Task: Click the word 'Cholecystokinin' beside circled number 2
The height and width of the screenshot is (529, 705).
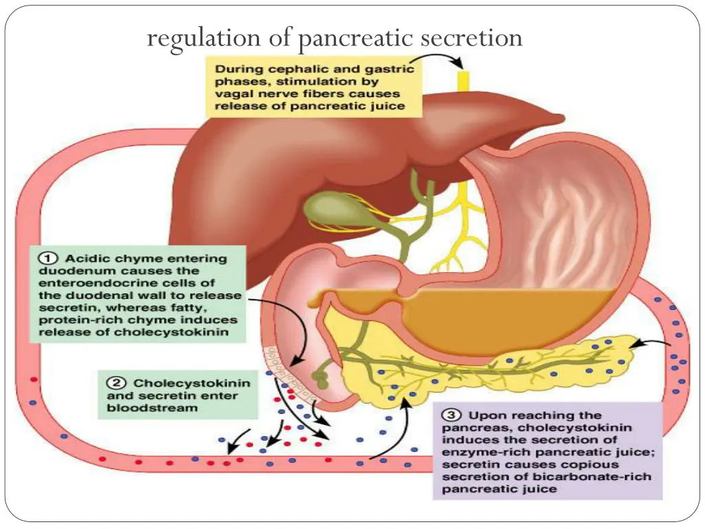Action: [191, 382]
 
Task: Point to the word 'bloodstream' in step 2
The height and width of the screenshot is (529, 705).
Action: [149, 408]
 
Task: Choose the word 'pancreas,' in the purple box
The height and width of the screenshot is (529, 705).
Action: [468, 428]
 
